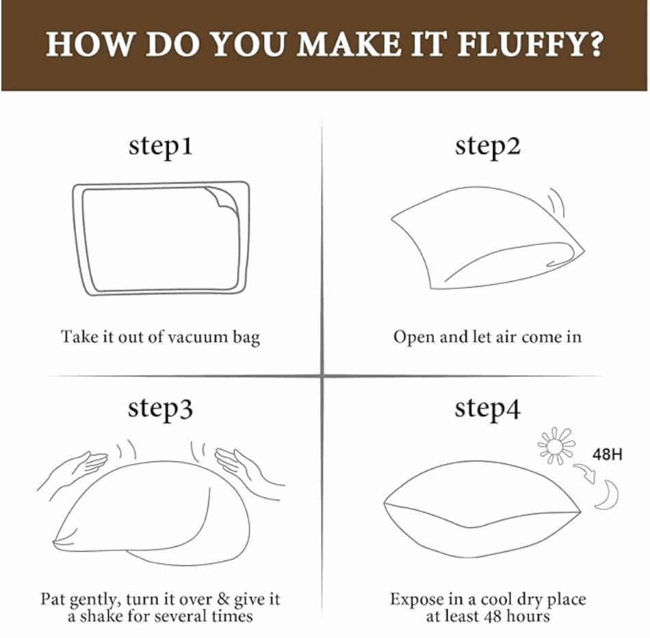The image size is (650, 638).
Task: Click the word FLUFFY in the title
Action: click(518, 44)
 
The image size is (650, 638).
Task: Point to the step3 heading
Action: click(160, 409)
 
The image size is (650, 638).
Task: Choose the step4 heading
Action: click(487, 409)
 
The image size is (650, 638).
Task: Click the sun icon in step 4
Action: click(556, 446)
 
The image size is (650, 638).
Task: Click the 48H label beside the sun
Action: click(608, 455)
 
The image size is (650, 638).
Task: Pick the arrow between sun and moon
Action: click(585, 473)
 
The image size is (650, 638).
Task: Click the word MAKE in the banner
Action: click(349, 44)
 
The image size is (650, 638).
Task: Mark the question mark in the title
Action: click(595, 44)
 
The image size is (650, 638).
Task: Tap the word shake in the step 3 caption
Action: click(101, 616)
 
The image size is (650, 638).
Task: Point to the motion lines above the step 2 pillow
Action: click(557, 202)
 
